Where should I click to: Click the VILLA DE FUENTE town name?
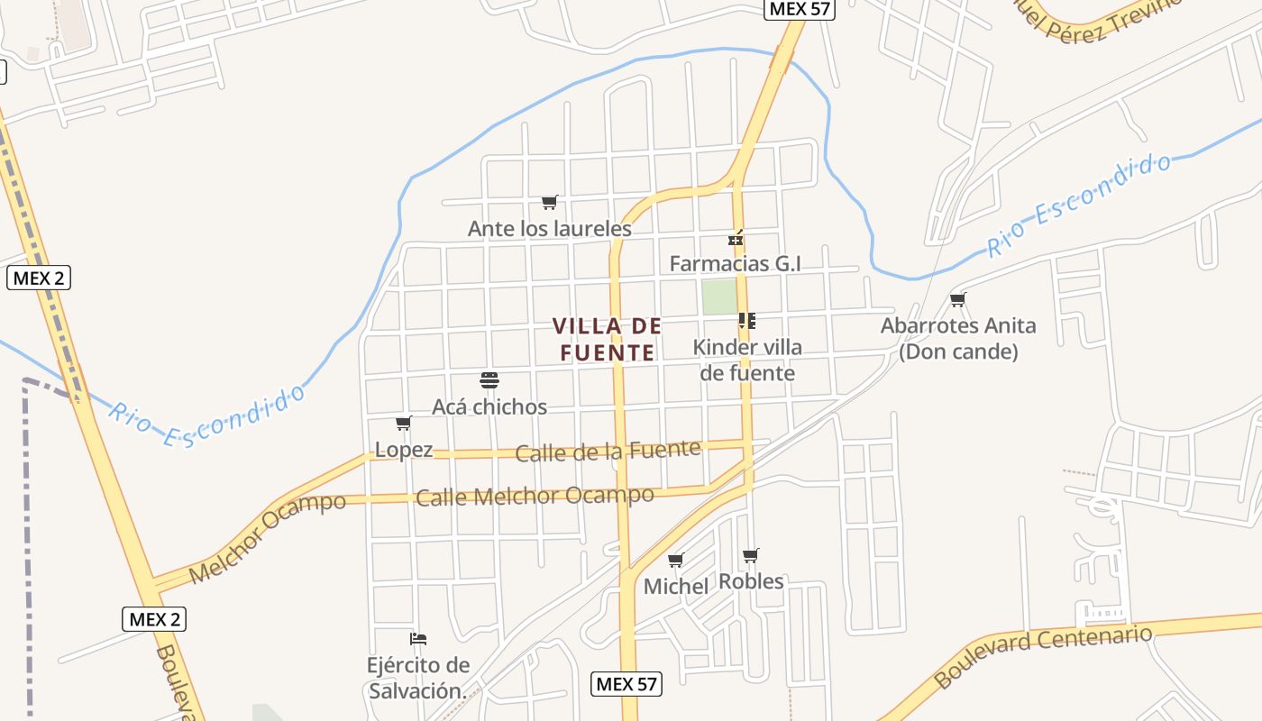[x=607, y=339]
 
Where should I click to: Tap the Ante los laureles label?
[x=549, y=229]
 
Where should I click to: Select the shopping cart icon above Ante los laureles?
[x=549, y=202]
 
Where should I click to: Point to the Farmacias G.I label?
[x=735, y=263]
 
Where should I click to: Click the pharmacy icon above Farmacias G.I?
[x=736, y=239]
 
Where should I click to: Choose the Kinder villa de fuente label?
[x=747, y=360]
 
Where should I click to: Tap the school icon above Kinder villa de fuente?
[x=746, y=320]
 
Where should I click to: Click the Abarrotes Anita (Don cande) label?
[x=958, y=338]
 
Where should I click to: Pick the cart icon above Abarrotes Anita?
[x=957, y=299]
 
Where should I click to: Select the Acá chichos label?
[x=489, y=406]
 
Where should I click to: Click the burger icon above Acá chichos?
[x=489, y=380]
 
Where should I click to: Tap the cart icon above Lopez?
[x=403, y=423]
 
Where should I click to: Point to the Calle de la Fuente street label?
[x=608, y=451]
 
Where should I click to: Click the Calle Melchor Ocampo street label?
[x=535, y=496]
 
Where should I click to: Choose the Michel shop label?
[x=676, y=587]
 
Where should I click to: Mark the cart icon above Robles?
[x=750, y=555]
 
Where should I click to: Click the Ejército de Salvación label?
[x=418, y=678]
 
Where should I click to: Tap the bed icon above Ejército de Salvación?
[x=418, y=639]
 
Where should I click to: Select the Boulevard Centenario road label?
[x=1043, y=655]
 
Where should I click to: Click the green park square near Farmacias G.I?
[x=719, y=297]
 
